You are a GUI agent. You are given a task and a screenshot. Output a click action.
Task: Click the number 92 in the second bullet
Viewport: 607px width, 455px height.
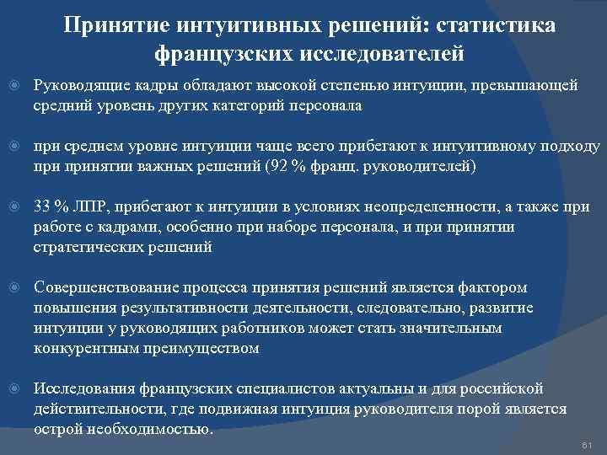pos(277,166)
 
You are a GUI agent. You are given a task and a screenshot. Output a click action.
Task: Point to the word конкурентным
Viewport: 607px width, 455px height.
pos(80,347)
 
